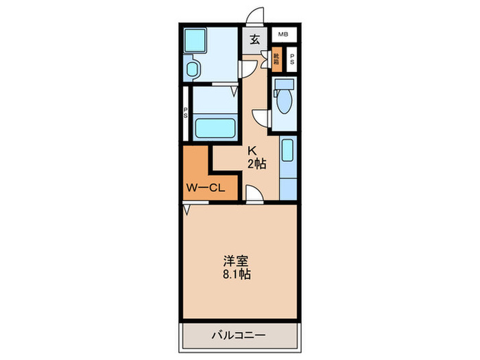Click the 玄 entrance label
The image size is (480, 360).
(254, 39)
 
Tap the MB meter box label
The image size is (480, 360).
(283, 34)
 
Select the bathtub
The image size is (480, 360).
(215, 128)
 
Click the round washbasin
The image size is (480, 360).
(192, 69)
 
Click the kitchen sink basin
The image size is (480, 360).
(288, 150)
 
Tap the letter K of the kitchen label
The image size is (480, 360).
(252, 151)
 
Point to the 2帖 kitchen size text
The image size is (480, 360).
(257, 164)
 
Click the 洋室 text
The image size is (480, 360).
(235, 261)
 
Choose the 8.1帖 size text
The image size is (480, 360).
(235, 275)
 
